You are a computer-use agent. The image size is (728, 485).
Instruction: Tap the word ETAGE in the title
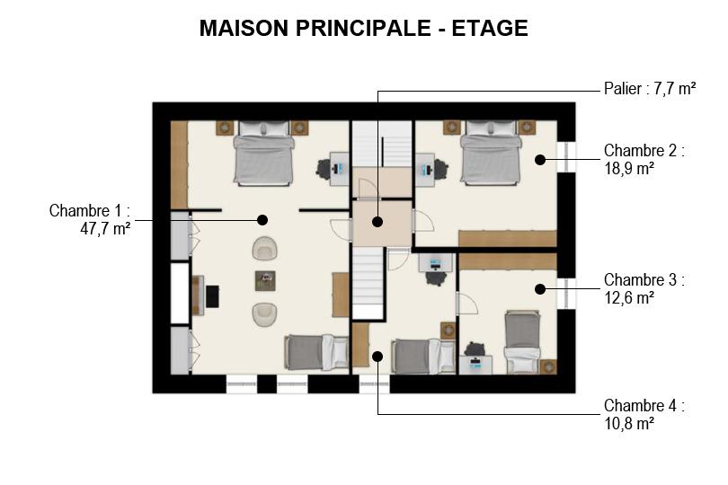pyautogui.click(x=490, y=28)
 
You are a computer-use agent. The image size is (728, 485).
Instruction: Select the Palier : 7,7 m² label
pyautogui.click(x=650, y=88)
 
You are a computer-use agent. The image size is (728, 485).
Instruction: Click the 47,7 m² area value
pyautogui.click(x=105, y=229)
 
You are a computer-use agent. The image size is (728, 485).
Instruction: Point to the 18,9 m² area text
pyautogui.click(x=629, y=168)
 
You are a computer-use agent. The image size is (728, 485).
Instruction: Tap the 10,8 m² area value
pyautogui.click(x=629, y=423)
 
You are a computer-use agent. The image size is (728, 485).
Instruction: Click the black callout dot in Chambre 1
pyautogui.click(x=262, y=220)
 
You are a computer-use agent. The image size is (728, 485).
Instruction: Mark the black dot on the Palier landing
pyautogui.click(x=377, y=222)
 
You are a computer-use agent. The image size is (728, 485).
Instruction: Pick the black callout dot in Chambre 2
pyautogui.click(x=539, y=160)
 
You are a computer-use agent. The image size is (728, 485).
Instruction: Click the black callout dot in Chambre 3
pyautogui.click(x=539, y=289)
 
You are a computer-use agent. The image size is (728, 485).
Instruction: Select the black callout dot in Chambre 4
pyautogui.click(x=377, y=357)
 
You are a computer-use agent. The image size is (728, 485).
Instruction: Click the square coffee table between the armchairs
pyautogui.click(x=265, y=281)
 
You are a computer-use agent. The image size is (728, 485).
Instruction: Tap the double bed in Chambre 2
pyautogui.click(x=491, y=153)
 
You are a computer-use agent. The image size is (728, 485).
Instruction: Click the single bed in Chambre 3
pyautogui.click(x=523, y=341)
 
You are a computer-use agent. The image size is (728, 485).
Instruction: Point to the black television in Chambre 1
pyautogui.click(x=213, y=296)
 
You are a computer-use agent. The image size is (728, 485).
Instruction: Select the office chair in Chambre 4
pyautogui.click(x=436, y=278)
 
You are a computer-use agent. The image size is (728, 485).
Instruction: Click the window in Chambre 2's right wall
pyautogui.click(x=566, y=157)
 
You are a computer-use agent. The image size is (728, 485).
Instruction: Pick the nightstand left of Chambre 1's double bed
pyautogui.click(x=225, y=128)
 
